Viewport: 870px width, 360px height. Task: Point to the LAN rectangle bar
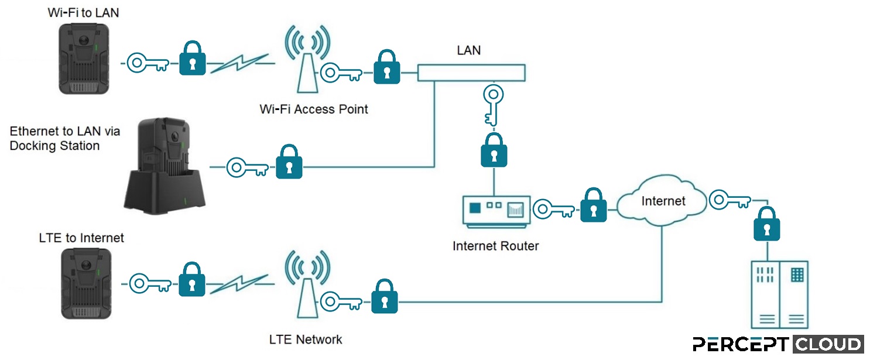coord(471,73)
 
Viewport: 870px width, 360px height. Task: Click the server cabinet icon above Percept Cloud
coord(779,294)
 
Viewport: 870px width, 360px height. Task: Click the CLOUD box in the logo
coord(828,344)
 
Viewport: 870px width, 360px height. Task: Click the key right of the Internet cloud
coord(729,201)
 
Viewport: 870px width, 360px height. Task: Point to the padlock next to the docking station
coord(289,163)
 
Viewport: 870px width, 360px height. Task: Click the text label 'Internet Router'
coord(495,246)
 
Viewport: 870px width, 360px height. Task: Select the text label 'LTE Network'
coord(306,340)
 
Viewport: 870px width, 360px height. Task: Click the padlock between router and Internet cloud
coord(593,206)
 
